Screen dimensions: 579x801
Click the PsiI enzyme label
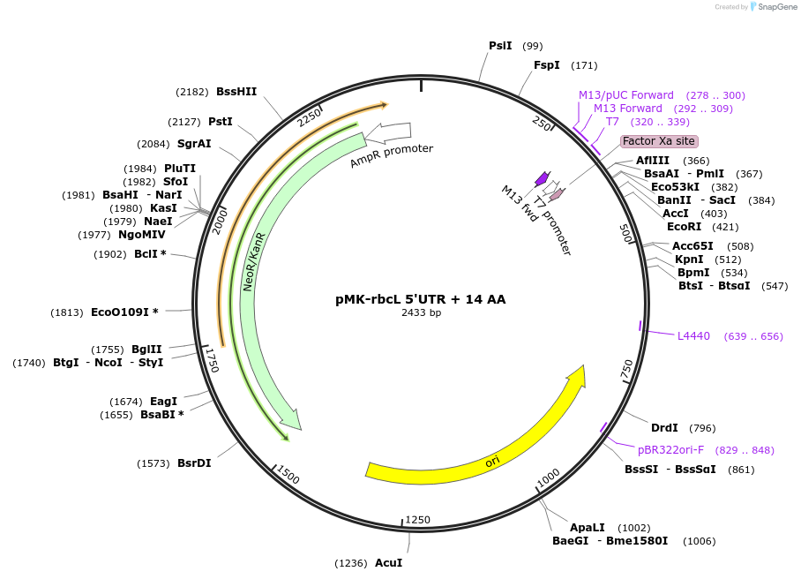point(500,46)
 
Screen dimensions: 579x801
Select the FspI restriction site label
point(547,65)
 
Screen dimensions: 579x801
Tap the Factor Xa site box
point(659,141)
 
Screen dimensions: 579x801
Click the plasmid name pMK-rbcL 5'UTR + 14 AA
point(421,299)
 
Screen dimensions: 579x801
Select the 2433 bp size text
point(421,312)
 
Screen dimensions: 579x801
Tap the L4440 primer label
point(693,336)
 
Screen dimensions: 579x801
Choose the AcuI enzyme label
point(388,563)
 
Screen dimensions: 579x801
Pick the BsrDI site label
point(194,463)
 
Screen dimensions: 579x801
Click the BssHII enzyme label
point(236,92)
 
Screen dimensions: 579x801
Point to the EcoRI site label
point(684,227)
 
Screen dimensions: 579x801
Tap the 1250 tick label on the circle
point(417,520)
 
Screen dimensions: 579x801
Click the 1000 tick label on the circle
point(548,477)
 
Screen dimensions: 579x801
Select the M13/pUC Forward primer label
point(625,95)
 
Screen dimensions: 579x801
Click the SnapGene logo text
point(775,7)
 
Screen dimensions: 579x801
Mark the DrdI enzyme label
point(664,428)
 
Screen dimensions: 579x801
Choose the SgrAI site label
point(194,144)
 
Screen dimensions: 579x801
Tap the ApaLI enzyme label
point(587,527)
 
